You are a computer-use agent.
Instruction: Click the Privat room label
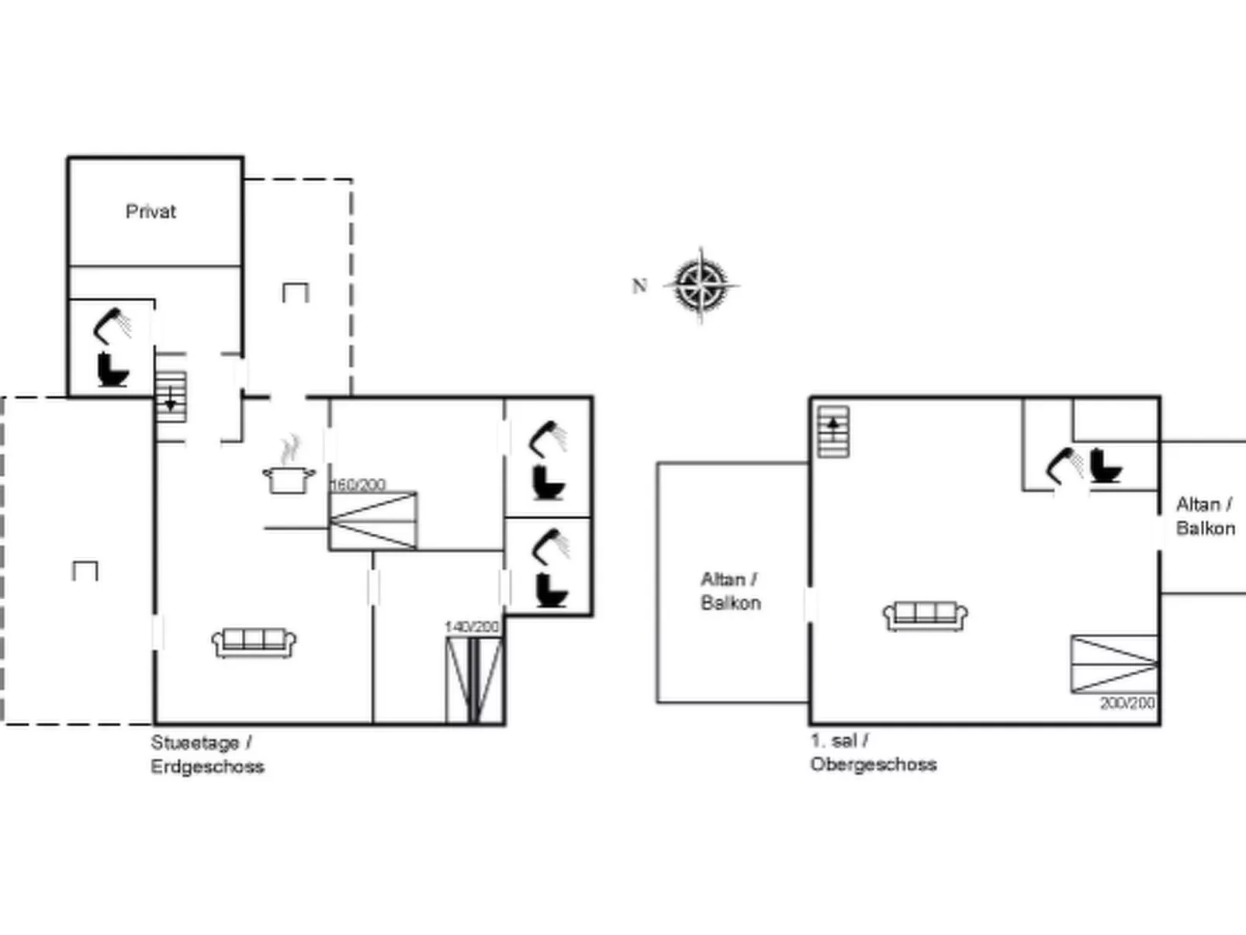[x=151, y=211]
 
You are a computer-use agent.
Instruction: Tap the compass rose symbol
[x=701, y=286]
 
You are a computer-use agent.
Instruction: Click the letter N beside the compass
[x=639, y=286]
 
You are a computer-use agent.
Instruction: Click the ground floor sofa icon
[x=254, y=642]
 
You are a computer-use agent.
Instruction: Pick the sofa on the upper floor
[x=926, y=616]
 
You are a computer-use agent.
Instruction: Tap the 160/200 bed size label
[x=358, y=485]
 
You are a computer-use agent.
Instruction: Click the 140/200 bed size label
[x=472, y=627]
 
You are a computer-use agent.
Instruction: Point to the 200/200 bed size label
[x=1128, y=703]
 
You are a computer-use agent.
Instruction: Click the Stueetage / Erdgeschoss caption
[x=208, y=754]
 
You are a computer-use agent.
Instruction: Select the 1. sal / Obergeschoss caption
[x=874, y=753]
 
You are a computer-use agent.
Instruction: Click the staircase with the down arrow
[x=171, y=397]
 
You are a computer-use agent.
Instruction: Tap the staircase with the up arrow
[x=833, y=431]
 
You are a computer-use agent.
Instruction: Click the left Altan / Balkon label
[x=730, y=591]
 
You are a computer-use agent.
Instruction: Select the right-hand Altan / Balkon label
[x=1206, y=517]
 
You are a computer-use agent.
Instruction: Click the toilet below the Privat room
[x=113, y=370]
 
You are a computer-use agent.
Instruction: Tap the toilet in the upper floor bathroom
[x=1106, y=466]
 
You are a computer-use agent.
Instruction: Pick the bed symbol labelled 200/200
[x=1114, y=664]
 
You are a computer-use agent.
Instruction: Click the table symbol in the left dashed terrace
[x=85, y=571]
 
